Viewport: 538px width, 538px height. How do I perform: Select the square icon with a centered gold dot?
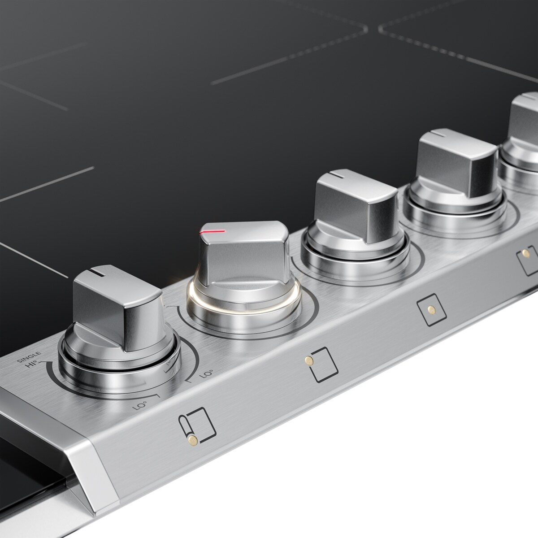coord(430,309)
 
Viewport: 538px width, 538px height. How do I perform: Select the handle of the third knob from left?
coord(356,206)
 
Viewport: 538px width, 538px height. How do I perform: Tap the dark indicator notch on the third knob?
coord(335,173)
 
